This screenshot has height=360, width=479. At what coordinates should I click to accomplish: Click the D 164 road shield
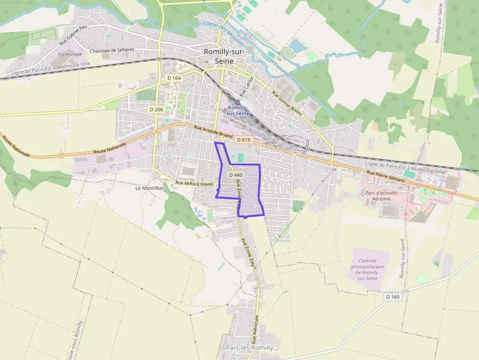[x=174, y=78]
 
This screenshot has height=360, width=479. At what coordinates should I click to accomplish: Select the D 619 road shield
[x=243, y=140]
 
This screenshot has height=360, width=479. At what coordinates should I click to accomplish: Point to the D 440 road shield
[x=235, y=175]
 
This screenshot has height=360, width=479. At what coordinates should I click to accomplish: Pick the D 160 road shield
[x=392, y=296]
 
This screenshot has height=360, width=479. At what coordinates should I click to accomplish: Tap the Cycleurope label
[x=69, y=54]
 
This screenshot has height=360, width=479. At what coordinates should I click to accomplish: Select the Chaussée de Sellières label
[x=112, y=50]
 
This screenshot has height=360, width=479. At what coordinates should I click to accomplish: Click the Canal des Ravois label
[x=288, y=76]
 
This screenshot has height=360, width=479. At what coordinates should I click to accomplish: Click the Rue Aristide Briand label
[x=214, y=132]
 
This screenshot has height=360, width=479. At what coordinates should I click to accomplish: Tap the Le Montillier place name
[x=149, y=188]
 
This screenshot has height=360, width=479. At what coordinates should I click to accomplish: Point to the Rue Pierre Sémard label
[x=386, y=176]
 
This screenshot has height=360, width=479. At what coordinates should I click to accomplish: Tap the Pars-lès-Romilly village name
[x=249, y=348]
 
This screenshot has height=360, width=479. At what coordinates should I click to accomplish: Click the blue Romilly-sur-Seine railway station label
[x=238, y=110]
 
